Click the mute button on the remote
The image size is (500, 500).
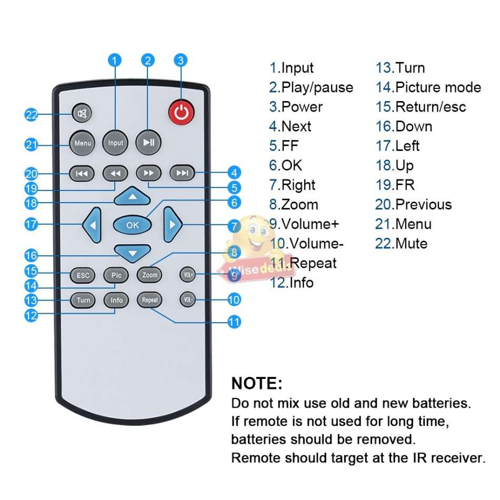82,113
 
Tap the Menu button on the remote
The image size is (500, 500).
83,143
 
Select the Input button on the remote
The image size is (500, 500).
115,143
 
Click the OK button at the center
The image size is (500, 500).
133,225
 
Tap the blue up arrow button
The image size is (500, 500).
132,197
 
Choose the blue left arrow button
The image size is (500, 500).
92,225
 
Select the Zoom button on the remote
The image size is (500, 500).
149,275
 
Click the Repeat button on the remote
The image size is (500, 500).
149,300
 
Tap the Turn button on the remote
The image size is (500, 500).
83,300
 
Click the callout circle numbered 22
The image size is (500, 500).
32,114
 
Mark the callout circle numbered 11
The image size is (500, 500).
234,322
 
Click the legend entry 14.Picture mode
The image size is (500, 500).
428,87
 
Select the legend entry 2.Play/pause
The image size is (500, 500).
311,87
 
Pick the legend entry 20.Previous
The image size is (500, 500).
413,204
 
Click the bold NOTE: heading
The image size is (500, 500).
257,383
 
